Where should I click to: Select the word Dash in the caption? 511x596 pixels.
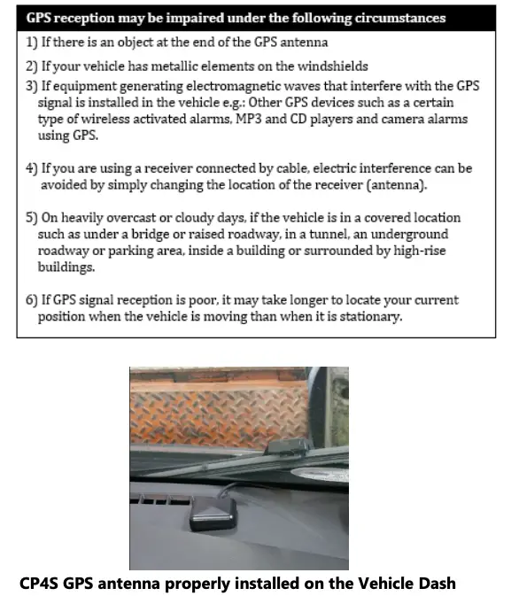[x=437, y=584]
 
